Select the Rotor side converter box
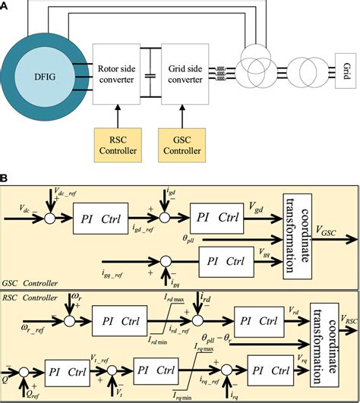[x=117, y=74]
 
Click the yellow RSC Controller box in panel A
[x=117, y=144]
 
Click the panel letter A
[x=6, y=5]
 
